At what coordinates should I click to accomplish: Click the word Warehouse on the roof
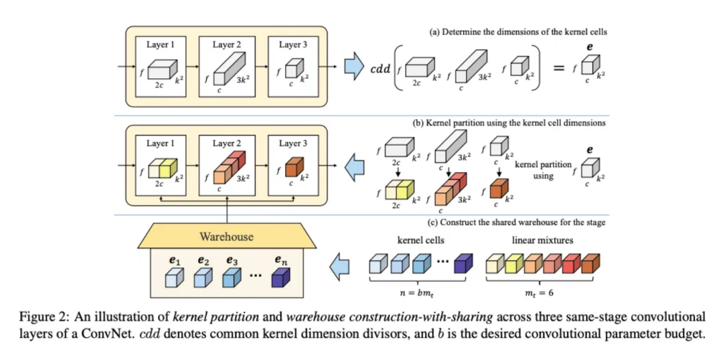pos(226,236)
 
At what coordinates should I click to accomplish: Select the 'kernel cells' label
pos(416,239)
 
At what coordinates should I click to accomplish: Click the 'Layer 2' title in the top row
pos(228,45)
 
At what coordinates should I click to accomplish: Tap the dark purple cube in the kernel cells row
pos(462,264)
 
